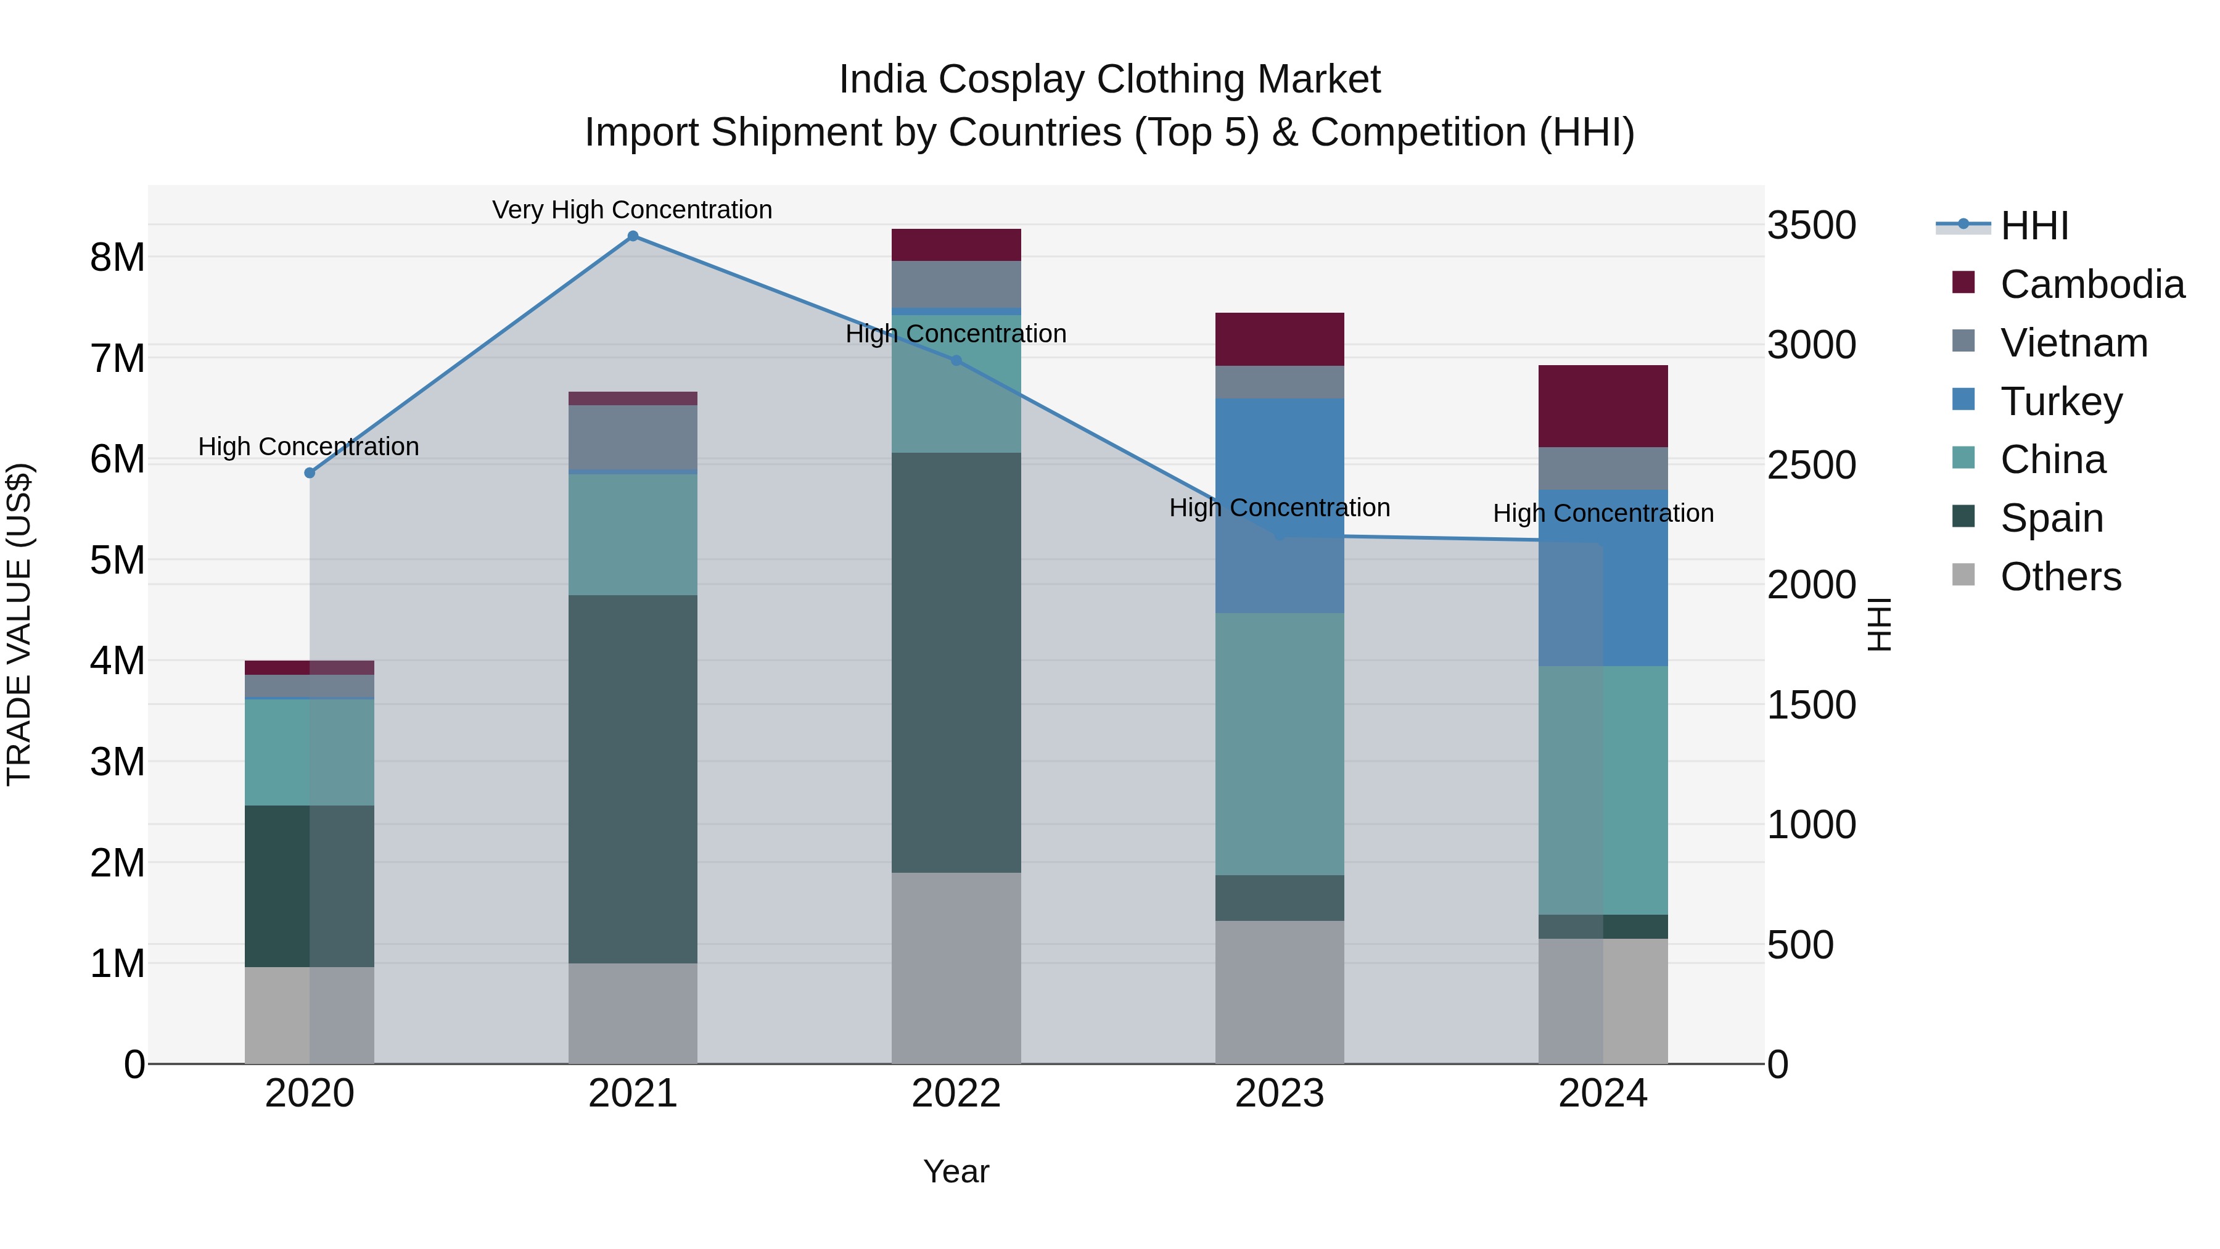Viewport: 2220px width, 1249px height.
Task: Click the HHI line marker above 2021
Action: pos(633,236)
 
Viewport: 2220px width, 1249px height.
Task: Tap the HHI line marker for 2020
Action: pos(310,472)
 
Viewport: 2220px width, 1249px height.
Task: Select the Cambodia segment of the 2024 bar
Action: pos(1603,406)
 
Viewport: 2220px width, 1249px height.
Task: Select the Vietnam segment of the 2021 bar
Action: pos(633,437)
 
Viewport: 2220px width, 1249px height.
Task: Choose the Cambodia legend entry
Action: pos(2092,284)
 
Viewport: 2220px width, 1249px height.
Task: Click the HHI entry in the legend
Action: pos(2034,226)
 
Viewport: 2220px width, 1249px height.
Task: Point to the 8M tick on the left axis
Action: pos(117,257)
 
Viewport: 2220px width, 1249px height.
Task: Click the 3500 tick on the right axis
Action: pos(1812,226)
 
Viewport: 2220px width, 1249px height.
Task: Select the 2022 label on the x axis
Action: pos(956,1094)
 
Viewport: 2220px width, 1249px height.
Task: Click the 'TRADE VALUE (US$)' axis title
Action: pos(19,624)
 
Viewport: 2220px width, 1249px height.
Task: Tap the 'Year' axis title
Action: pos(956,1171)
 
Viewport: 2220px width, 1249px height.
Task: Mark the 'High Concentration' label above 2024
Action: pos(1603,513)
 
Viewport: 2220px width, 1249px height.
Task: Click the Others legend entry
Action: pos(2060,577)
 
